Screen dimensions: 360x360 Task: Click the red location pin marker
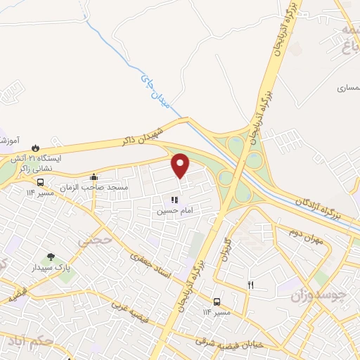pyautogui.click(x=181, y=166)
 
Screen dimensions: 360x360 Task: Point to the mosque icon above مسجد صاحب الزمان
pyautogui.click(x=94, y=176)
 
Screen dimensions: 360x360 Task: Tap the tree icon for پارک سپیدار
pyautogui.click(x=51, y=257)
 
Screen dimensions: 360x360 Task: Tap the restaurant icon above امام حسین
pyautogui.click(x=174, y=200)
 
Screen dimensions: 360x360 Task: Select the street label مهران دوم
pyautogui.click(x=305, y=233)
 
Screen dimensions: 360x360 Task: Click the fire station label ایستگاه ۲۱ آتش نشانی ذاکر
pyautogui.click(x=41, y=164)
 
